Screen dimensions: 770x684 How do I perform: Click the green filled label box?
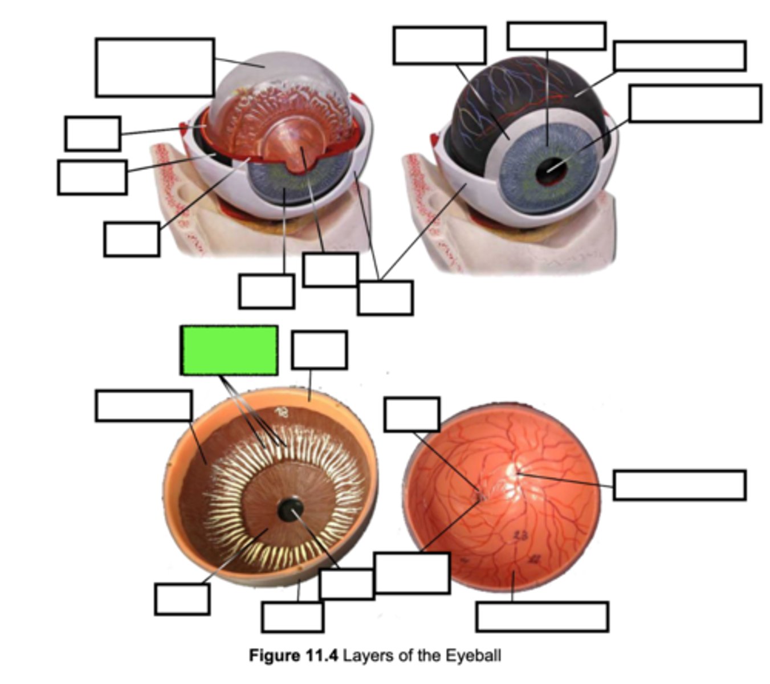coord(229,350)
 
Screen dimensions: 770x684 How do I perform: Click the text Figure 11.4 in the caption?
coord(294,655)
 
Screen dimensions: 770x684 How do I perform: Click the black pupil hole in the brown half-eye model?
coord(290,509)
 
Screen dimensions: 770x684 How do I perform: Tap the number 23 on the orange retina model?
coord(520,535)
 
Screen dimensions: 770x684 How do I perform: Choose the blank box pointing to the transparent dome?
coord(155,67)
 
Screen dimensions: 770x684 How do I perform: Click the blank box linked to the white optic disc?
coord(679,485)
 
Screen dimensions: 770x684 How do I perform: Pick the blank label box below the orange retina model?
coord(542,617)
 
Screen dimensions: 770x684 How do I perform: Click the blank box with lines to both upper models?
coord(385,297)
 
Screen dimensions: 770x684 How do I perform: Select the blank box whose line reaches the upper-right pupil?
coord(695,103)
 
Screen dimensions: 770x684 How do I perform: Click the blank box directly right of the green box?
coord(319,350)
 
